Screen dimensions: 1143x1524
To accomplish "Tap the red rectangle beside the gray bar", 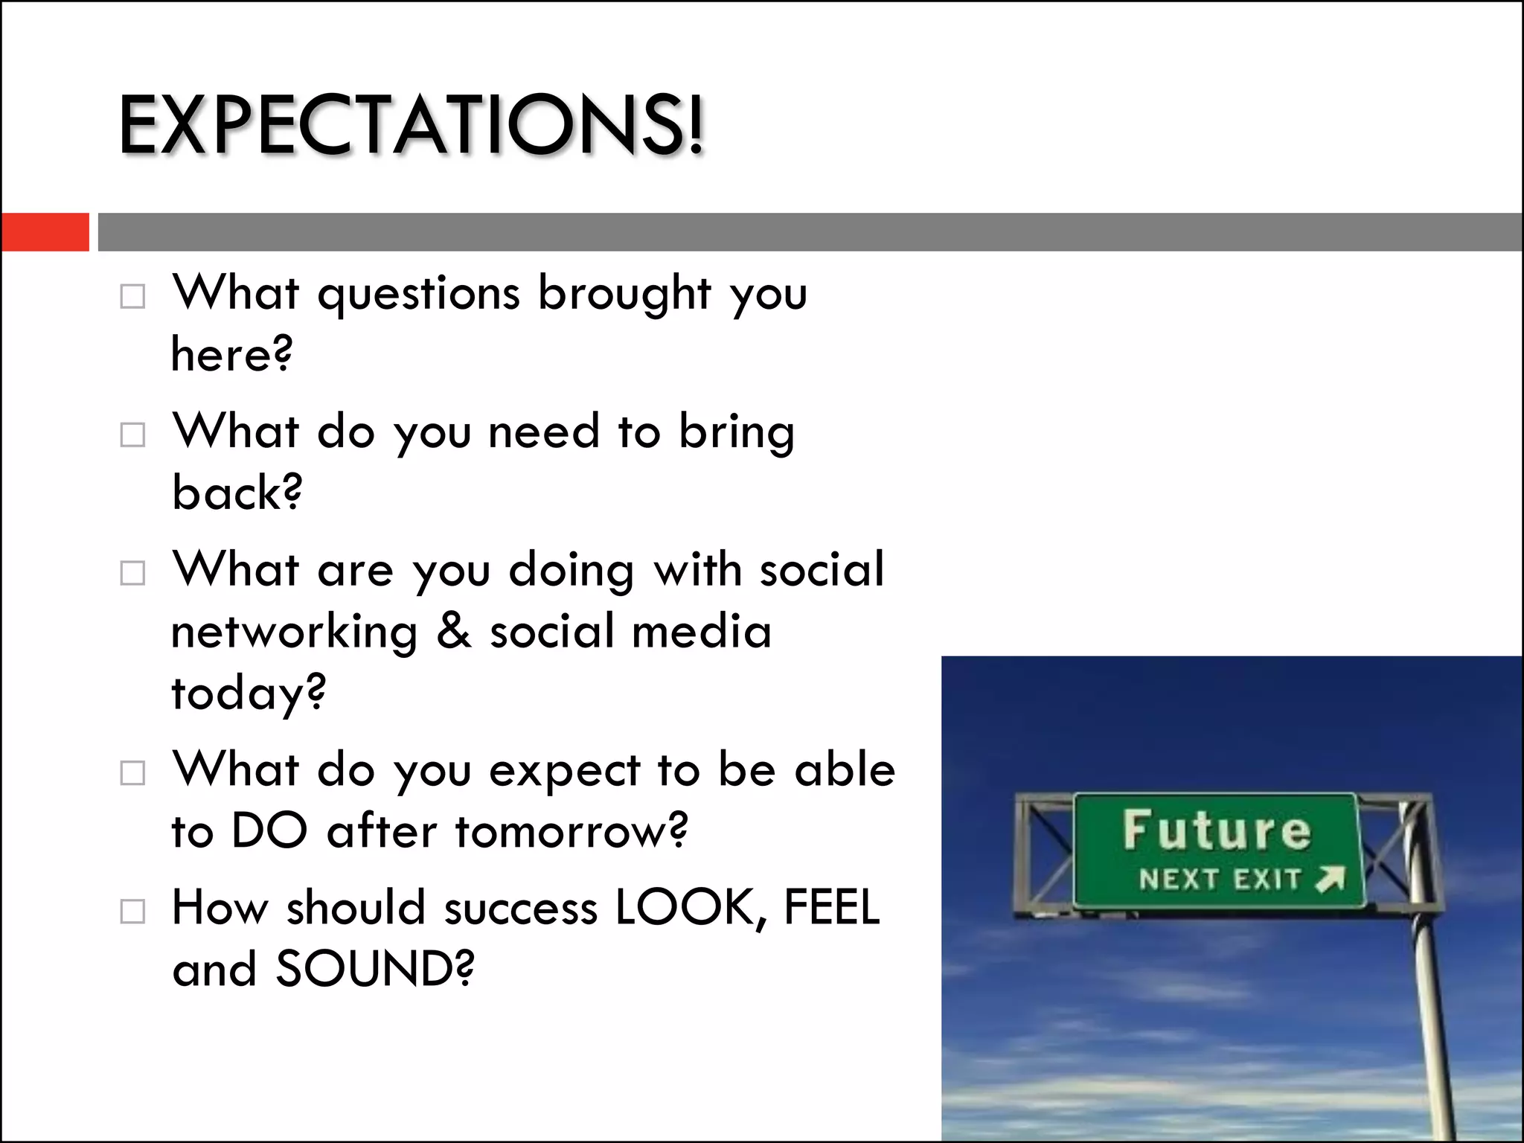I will click(x=45, y=231).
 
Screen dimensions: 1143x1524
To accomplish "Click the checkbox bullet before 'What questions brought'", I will click(x=132, y=296).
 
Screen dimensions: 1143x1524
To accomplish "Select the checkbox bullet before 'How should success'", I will click(x=132, y=911).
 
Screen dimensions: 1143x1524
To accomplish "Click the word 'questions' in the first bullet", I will click(x=418, y=294).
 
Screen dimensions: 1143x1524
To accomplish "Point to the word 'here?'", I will click(x=231, y=354).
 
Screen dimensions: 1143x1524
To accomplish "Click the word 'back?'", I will click(x=237, y=493).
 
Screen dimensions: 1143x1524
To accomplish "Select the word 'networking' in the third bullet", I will click(x=295, y=632).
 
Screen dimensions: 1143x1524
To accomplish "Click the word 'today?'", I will click(x=249, y=693).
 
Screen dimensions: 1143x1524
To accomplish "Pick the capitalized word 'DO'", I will click(x=269, y=830).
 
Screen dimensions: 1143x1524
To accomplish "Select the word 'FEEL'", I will click(x=831, y=908).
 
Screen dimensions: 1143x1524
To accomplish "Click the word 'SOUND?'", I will click(x=374, y=970).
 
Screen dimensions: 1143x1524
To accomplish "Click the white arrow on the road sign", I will click(x=1331, y=879).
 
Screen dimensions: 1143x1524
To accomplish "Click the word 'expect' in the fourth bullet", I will click(x=564, y=770).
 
